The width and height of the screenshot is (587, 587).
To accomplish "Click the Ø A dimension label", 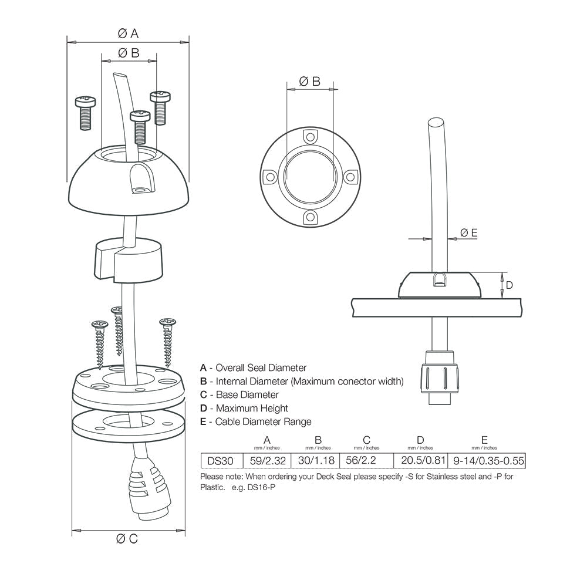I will click(x=127, y=33).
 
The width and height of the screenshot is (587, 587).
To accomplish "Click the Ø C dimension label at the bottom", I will click(x=127, y=538).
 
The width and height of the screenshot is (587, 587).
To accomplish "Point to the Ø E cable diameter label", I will click(x=468, y=233).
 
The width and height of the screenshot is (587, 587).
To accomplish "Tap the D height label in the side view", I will click(x=510, y=285).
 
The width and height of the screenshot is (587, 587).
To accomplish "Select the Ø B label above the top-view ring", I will click(x=309, y=82).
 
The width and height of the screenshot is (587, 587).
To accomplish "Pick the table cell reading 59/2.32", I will click(x=266, y=461).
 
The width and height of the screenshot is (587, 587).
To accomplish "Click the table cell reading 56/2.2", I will click(x=366, y=461).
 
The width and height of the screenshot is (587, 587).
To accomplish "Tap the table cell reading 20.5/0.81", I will click(x=420, y=461).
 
